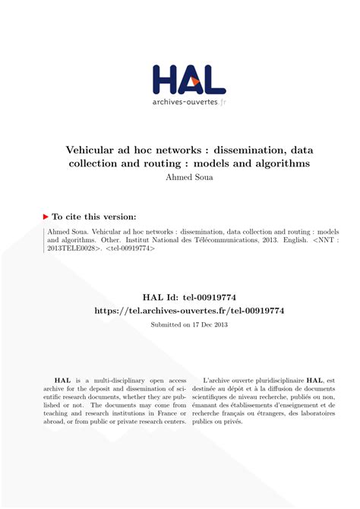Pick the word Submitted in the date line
156,324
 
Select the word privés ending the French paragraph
232,422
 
